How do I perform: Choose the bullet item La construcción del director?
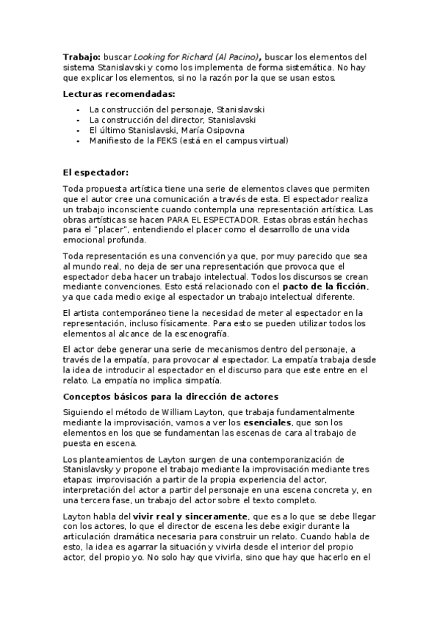145,119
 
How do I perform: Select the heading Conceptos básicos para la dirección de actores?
170,397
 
